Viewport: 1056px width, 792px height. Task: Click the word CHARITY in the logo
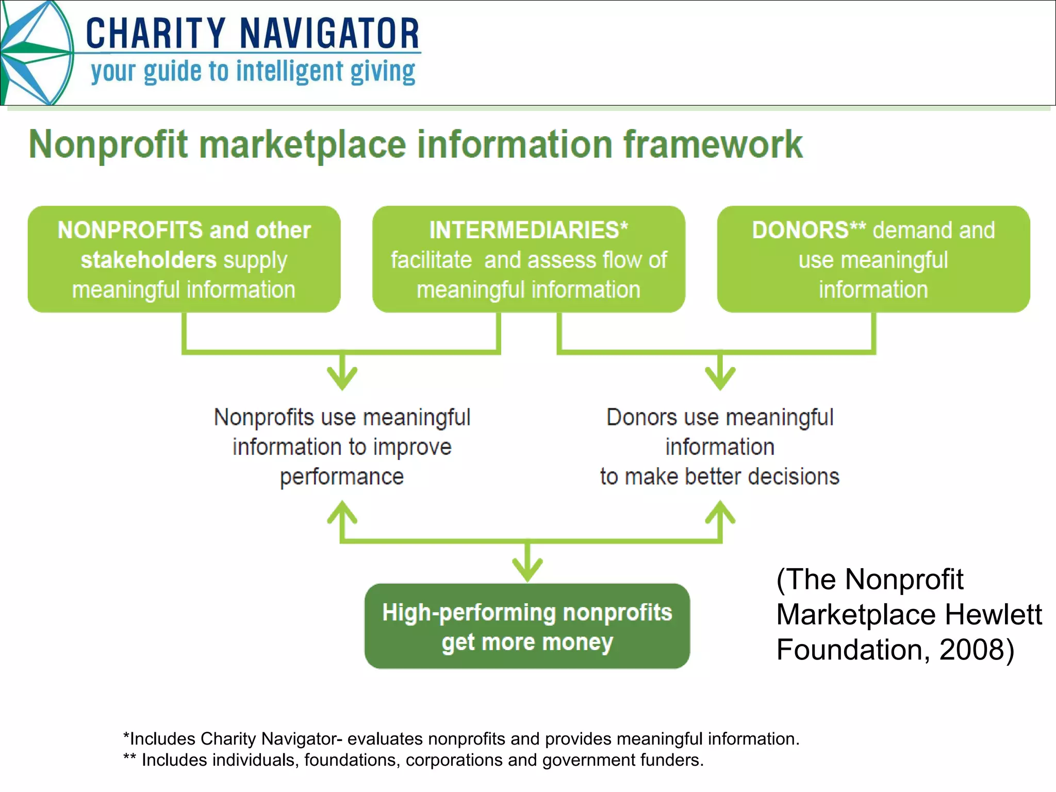(155, 34)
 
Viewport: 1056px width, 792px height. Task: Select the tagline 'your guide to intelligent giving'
(253, 72)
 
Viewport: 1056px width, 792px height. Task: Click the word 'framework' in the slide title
(713, 144)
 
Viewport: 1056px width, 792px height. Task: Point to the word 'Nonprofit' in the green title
(108, 144)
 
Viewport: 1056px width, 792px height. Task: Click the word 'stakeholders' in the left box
(148, 260)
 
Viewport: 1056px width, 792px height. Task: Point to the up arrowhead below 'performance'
(342, 513)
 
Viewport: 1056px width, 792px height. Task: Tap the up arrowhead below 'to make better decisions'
(720, 513)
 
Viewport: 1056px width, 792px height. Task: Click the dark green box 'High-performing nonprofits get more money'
(527, 626)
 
